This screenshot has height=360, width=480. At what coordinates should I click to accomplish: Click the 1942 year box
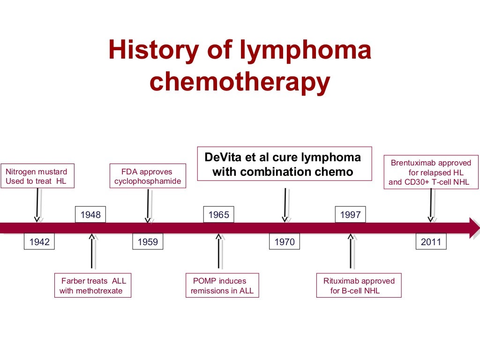(x=39, y=242)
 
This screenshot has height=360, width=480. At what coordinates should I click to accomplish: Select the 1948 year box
(x=90, y=215)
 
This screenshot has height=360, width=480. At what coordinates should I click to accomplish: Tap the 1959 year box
(x=148, y=242)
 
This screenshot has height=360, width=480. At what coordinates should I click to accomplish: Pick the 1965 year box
(x=218, y=215)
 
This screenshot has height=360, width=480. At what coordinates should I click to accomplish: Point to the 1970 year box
(x=285, y=242)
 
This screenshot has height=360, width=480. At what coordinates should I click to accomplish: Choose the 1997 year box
(x=350, y=215)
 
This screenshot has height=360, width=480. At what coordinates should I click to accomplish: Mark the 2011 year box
(x=431, y=242)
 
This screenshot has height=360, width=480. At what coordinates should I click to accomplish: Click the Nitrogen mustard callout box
(x=37, y=176)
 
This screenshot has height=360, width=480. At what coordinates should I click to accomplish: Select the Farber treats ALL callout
(x=92, y=285)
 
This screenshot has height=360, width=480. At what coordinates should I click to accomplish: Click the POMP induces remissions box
(x=222, y=285)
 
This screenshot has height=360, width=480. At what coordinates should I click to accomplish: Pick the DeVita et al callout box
(x=285, y=164)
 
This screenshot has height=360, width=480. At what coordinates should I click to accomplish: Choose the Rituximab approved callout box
(x=359, y=285)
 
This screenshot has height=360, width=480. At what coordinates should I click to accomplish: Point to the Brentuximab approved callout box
(x=431, y=172)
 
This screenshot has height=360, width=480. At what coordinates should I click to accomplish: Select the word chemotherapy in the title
(x=240, y=82)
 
